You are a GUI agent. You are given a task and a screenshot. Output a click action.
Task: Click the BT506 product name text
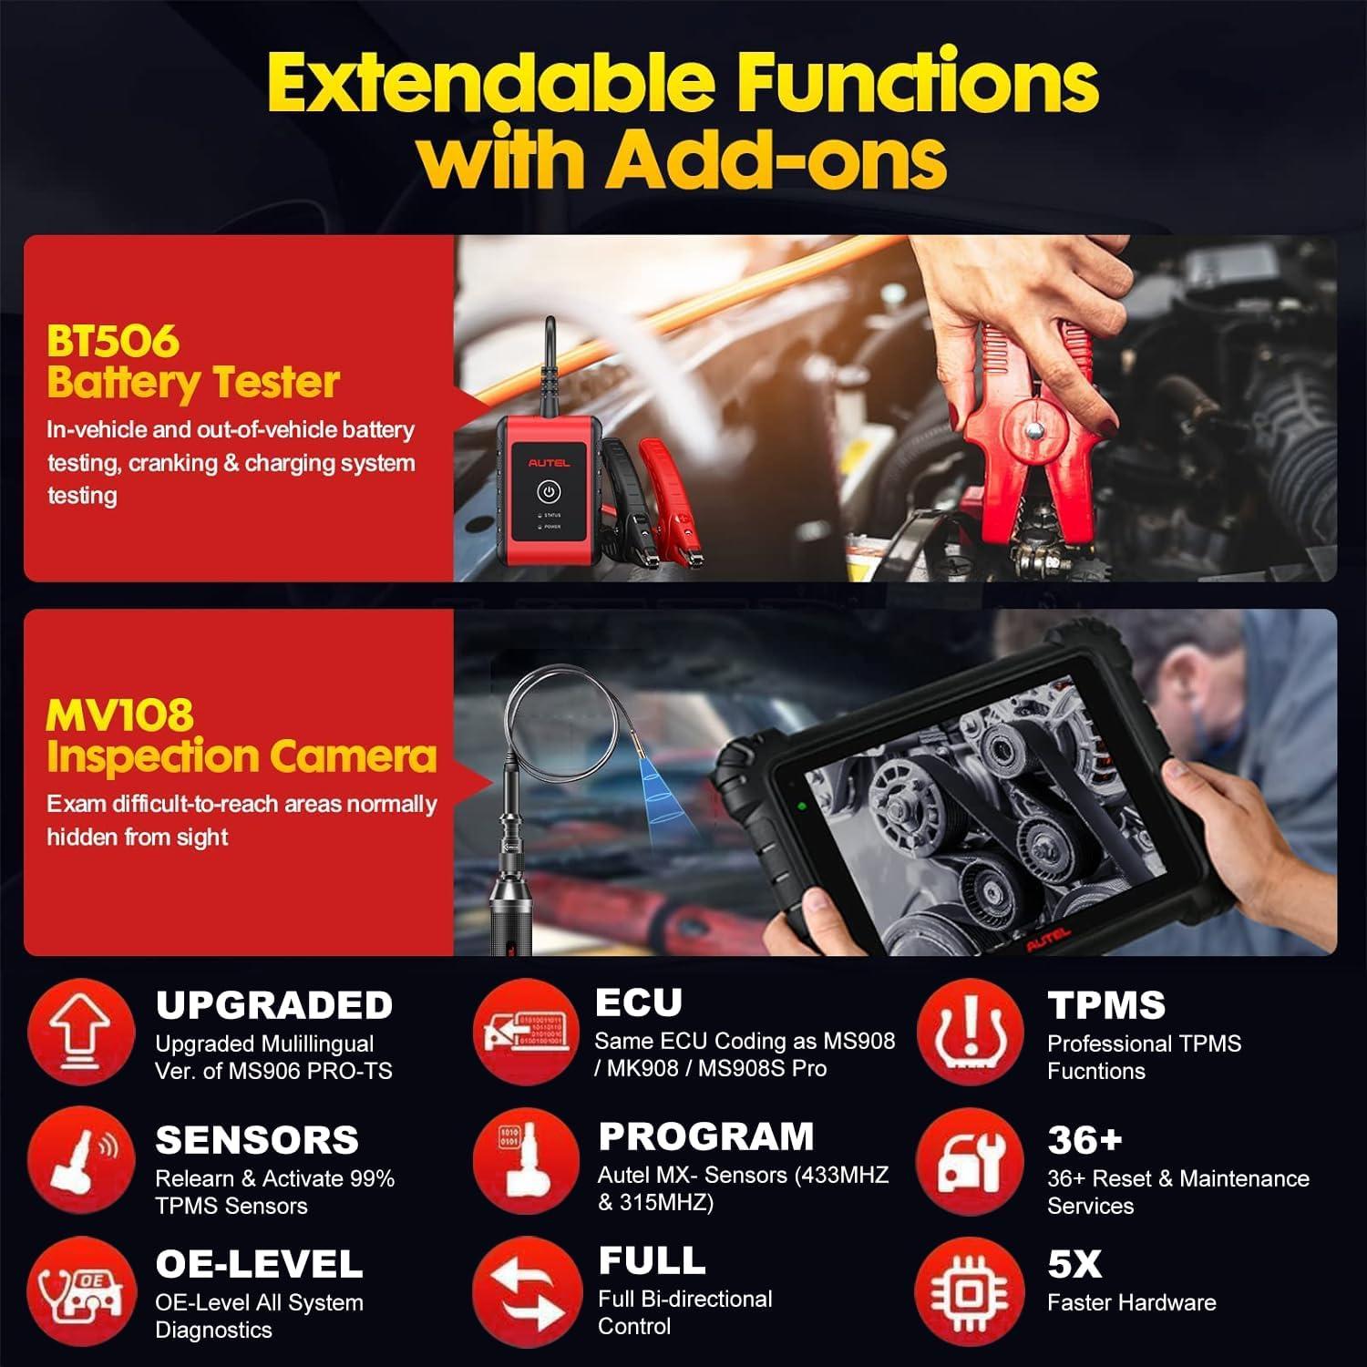113,342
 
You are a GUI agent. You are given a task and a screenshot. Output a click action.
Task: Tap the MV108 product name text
119,715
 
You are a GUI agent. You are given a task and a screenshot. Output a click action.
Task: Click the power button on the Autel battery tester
548,492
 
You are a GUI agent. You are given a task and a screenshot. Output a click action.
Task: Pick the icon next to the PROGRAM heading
526,1162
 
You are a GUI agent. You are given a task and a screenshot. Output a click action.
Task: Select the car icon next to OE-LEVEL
81,1290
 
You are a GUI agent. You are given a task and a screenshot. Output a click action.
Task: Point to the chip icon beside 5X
970,1290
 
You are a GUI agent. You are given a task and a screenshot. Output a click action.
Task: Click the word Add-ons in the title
777,159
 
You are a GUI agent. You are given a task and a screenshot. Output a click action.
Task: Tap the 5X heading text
1074,1264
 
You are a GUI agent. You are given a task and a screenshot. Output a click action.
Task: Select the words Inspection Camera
242,756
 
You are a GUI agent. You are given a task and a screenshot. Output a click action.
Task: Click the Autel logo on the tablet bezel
1048,941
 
